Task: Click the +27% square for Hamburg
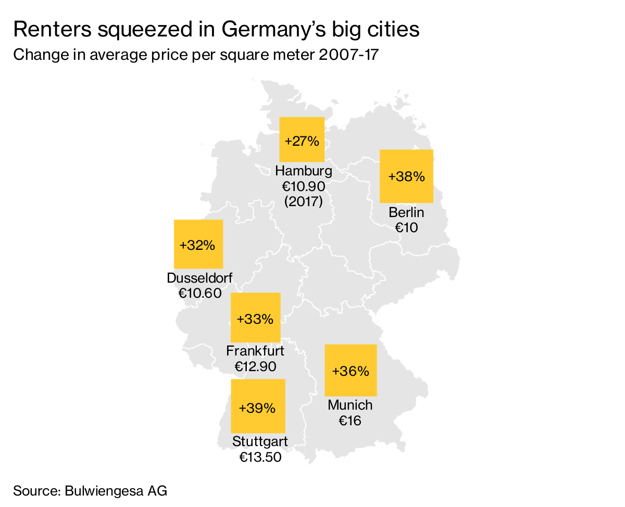(x=302, y=140)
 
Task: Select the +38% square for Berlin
(x=406, y=176)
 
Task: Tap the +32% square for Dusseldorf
(x=198, y=244)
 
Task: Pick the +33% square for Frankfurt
(x=255, y=318)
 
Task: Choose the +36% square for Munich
(x=351, y=370)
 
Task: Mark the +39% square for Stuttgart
(x=258, y=406)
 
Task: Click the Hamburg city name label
(x=303, y=171)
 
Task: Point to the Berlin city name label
(x=406, y=212)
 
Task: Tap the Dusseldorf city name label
(x=199, y=278)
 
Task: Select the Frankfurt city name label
(x=255, y=351)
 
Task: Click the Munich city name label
(x=350, y=405)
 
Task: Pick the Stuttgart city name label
(x=260, y=442)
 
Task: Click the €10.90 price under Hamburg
(x=303, y=186)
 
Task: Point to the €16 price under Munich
(x=350, y=421)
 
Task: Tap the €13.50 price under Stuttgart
(x=260, y=458)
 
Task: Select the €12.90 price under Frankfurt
(x=255, y=366)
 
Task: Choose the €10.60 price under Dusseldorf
(x=199, y=294)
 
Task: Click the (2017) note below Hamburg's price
(x=303, y=201)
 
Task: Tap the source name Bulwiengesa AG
(x=116, y=491)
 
